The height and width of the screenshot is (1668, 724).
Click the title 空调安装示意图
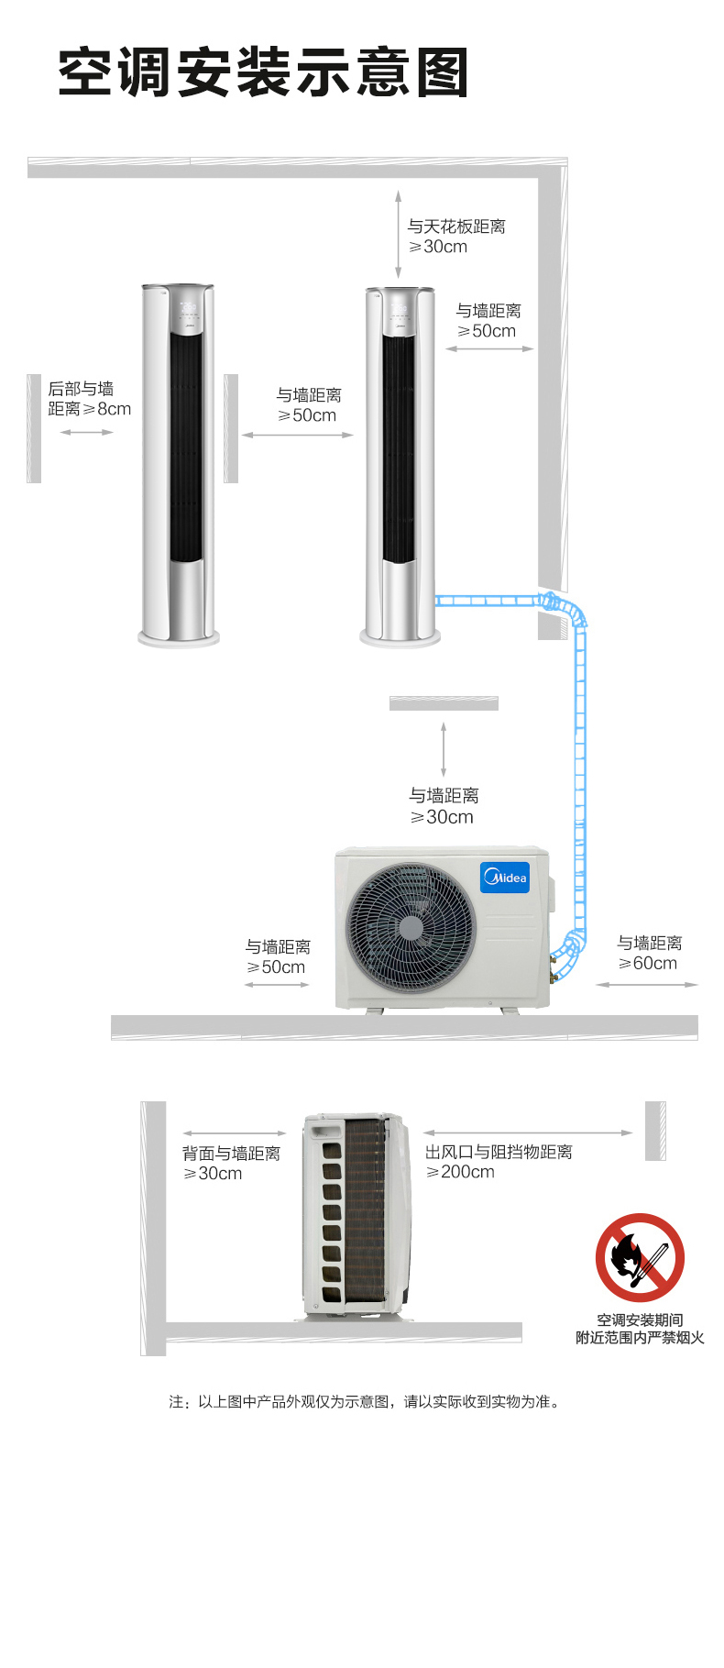pos(264,72)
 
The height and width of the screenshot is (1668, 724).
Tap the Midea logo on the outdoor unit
pos(505,878)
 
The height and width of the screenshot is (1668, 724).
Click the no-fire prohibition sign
pos(640,1257)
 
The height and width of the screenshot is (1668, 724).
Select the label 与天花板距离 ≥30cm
pos(456,237)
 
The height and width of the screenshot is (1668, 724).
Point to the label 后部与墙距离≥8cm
pos(90,399)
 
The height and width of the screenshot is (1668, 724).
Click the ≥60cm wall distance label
pos(649,953)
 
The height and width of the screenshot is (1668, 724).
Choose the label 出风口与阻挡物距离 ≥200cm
pos(499,1162)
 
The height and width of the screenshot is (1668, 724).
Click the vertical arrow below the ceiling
pos(398,234)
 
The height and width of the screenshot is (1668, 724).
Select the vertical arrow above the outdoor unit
pos(444,749)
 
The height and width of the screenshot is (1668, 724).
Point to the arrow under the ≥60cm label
pos(647,985)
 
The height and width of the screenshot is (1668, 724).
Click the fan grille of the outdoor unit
pos(411,928)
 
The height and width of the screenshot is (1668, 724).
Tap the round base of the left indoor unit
pos(179,637)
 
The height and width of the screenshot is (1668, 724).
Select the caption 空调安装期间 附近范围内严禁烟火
pos(640,1329)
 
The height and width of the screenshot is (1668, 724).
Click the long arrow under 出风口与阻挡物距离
pos(528,1133)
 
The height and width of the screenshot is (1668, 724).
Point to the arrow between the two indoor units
pos(298,435)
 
